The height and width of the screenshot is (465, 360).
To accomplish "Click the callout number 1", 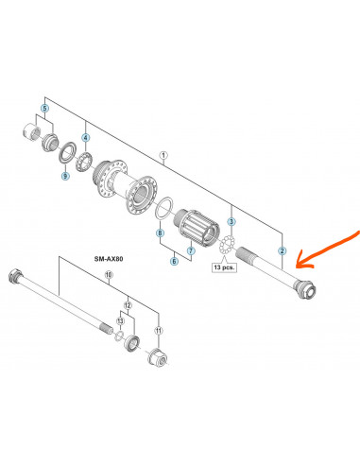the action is click(x=163, y=155).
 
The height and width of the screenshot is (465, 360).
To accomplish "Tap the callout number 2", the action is click(x=282, y=250).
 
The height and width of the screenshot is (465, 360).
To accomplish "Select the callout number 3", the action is click(x=231, y=221).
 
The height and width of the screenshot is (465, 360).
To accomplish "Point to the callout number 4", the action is click(x=86, y=138).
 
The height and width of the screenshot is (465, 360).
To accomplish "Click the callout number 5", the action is click(x=45, y=109).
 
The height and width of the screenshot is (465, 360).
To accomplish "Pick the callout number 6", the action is click(x=174, y=261).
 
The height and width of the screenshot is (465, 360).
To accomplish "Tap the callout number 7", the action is click(x=191, y=251).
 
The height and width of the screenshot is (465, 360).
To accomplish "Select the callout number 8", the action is click(x=161, y=233).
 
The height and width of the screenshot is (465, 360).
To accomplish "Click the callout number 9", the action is click(x=65, y=176).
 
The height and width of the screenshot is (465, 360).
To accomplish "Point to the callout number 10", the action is click(x=109, y=275).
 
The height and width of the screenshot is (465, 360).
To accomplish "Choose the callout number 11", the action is click(x=159, y=331).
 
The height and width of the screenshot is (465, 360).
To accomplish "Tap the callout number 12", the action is click(x=128, y=305).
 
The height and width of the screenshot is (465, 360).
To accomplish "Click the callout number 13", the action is click(x=121, y=321).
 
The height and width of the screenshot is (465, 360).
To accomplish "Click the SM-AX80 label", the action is click(x=109, y=259).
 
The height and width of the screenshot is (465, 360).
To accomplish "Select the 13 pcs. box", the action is click(x=224, y=267).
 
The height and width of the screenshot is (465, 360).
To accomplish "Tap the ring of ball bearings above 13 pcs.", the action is click(x=227, y=244).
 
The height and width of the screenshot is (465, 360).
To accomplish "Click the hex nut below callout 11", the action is click(x=158, y=356).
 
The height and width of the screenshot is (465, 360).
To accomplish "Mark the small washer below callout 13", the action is click(x=118, y=335).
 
